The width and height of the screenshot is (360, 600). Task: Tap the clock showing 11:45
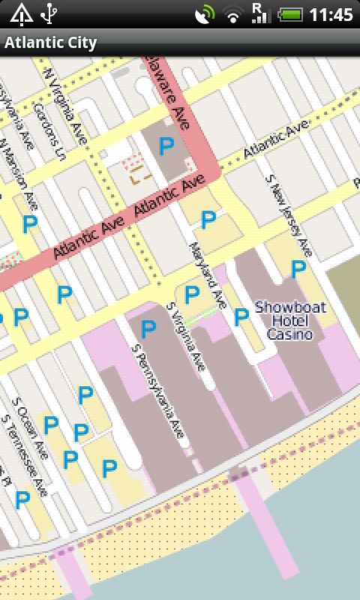[x=331, y=14]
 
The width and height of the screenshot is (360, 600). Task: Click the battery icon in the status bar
[x=290, y=14]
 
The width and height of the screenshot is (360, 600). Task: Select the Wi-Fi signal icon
[x=235, y=14]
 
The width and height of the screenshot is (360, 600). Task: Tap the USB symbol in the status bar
[x=49, y=13]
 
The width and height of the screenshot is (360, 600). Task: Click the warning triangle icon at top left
[x=20, y=13]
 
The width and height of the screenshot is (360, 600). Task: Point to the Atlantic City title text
[x=50, y=43]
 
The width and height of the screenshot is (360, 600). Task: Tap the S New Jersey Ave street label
[x=289, y=217]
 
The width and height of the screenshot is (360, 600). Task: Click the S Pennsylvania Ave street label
[x=158, y=391]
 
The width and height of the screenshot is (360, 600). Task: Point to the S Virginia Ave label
[x=186, y=337]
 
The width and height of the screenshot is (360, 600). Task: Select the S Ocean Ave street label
[x=31, y=433]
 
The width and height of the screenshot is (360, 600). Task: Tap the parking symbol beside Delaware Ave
[x=166, y=145]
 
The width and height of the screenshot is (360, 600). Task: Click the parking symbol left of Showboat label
[x=241, y=317]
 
